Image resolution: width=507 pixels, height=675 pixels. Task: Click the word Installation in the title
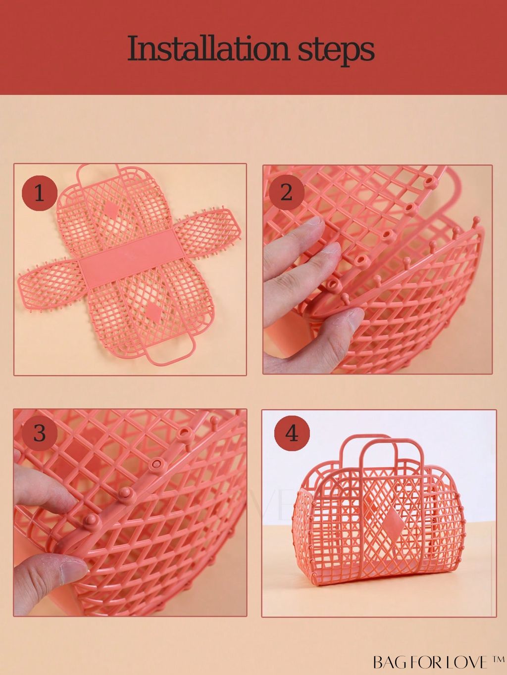[x=208, y=49]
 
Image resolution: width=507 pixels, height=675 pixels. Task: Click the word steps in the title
[x=336, y=51]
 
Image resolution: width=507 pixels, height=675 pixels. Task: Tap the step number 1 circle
[x=40, y=193]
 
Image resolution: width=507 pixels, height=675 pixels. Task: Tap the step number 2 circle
[x=286, y=193]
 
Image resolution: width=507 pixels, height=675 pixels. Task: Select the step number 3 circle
[x=40, y=433]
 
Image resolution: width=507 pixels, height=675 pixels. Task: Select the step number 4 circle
[x=292, y=434]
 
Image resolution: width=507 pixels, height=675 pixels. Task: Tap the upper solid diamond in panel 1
[x=109, y=208]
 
